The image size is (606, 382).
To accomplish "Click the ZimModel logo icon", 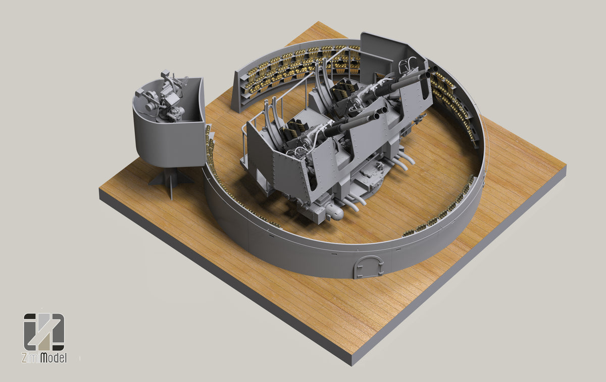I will [44, 332].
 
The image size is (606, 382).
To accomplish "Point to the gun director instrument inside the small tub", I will [164, 98].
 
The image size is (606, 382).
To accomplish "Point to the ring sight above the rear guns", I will [407, 66].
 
